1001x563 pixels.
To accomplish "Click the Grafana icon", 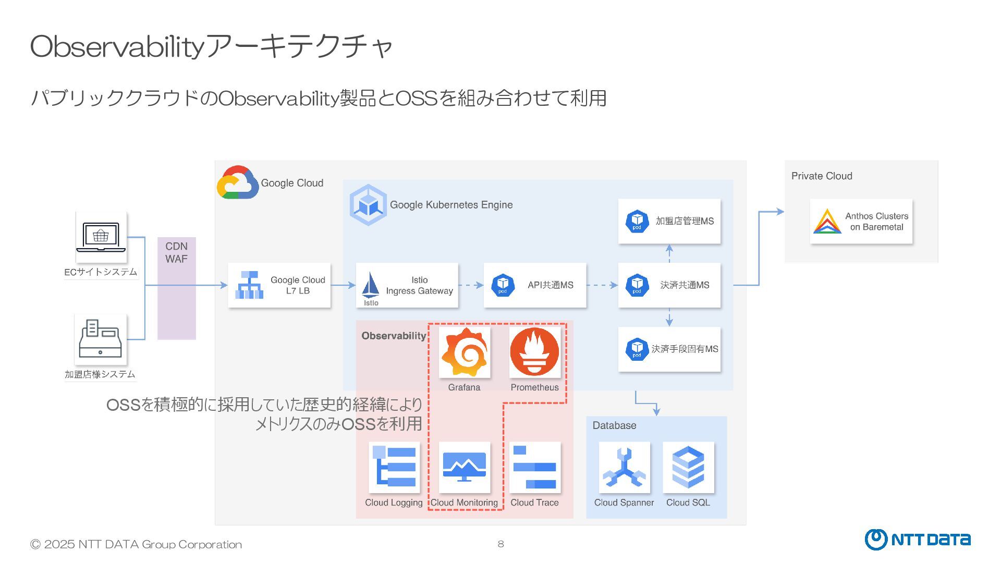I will [x=464, y=352].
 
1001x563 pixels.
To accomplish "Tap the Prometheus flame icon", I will [x=534, y=352].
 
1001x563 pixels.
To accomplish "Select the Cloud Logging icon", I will [x=394, y=467].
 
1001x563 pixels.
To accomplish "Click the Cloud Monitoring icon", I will [x=464, y=467].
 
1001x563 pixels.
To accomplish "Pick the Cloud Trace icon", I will [x=534, y=467].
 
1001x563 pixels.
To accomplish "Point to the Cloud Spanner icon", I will [x=624, y=467].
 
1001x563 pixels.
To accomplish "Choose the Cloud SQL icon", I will [x=688, y=467].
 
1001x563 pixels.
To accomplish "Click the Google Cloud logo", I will [x=237, y=182].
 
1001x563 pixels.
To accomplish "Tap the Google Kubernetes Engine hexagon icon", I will [x=368, y=205].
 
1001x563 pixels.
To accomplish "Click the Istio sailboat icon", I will [x=371, y=286].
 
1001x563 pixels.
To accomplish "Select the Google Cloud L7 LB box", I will [x=279, y=285].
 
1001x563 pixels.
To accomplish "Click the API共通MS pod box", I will [x=535, y=285].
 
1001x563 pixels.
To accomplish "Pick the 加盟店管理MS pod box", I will [x=669, y=221].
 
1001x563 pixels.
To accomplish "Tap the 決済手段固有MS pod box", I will [x=669, y=349].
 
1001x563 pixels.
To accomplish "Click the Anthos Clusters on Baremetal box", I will [x=861, y=222].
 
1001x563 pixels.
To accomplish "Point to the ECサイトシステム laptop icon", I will [x=101, y=237].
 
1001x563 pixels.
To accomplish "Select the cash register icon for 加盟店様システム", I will [x=101, y=339].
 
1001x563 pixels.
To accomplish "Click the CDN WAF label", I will [x=176, y=252].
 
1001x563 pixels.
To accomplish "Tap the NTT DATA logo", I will [x=918, y=540].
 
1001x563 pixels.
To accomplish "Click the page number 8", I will [x=500, y=544].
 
